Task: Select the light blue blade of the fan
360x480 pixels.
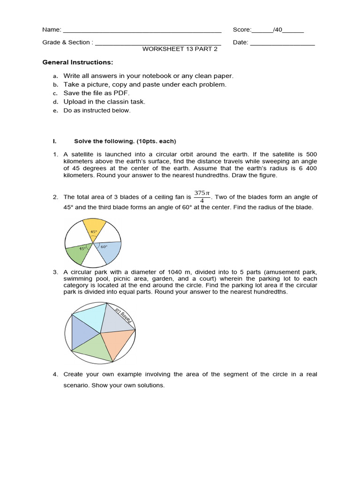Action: click(x=109, y=251)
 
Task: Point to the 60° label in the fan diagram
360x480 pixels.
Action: click(x=104, y=246)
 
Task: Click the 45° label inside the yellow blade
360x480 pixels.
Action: click(x=94, y=232)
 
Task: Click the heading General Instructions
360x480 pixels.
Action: click(x=77, y=62)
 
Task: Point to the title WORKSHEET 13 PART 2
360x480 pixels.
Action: click(x=180, y=49)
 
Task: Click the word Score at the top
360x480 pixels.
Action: click(x=241, y=30)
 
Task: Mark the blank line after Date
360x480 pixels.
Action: click(x=282, y=43)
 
